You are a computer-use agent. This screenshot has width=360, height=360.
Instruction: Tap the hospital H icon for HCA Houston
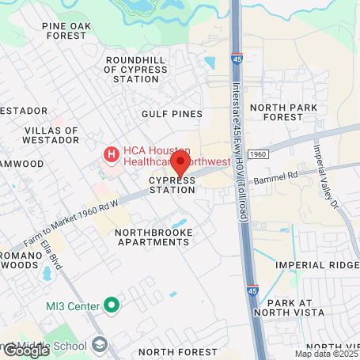[112, 152]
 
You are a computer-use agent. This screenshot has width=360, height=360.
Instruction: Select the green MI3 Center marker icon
[112, 305]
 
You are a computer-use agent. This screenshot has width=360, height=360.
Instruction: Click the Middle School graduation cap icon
[100, 343]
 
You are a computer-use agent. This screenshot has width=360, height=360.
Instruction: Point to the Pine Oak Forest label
[66, 31]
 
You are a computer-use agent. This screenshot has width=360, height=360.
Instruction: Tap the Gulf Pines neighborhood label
[172, 114]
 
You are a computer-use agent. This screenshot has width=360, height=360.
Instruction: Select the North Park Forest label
[282, 112]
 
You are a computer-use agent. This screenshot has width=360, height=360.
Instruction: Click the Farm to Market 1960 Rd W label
[70, 216]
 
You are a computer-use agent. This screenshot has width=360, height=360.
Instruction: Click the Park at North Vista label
[301, 309]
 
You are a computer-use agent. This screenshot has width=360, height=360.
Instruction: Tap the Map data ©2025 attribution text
[324, 353]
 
